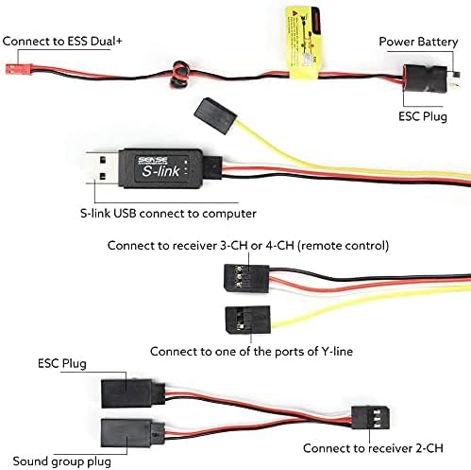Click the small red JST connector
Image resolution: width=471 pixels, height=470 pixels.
19,69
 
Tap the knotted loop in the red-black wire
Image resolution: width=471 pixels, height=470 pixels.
179,75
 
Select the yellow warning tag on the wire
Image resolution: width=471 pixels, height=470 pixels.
304,43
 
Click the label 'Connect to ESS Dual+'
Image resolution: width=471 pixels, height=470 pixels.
62,42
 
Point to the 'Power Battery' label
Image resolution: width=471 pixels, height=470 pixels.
418,42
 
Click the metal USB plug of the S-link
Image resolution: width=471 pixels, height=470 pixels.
103,168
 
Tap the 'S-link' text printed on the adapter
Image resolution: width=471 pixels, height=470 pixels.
160,171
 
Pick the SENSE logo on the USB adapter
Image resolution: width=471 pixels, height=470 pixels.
153,161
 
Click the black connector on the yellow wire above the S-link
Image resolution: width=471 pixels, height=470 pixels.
215,116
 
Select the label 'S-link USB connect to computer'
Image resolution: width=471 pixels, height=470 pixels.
168,214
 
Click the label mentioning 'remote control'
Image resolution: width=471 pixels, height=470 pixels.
248,246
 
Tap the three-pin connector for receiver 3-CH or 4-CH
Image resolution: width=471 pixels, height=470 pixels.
246,278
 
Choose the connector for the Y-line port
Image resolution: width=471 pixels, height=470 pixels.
248,320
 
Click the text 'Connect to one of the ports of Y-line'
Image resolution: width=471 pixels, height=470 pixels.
251,351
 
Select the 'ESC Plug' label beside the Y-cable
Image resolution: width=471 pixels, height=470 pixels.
62,363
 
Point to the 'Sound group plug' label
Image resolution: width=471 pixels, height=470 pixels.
62,461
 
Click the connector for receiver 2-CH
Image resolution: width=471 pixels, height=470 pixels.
370,417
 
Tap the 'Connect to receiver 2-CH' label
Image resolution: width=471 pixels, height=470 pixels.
373,448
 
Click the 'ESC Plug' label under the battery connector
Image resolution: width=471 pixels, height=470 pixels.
423,116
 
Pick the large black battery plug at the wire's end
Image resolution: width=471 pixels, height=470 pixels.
426,78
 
